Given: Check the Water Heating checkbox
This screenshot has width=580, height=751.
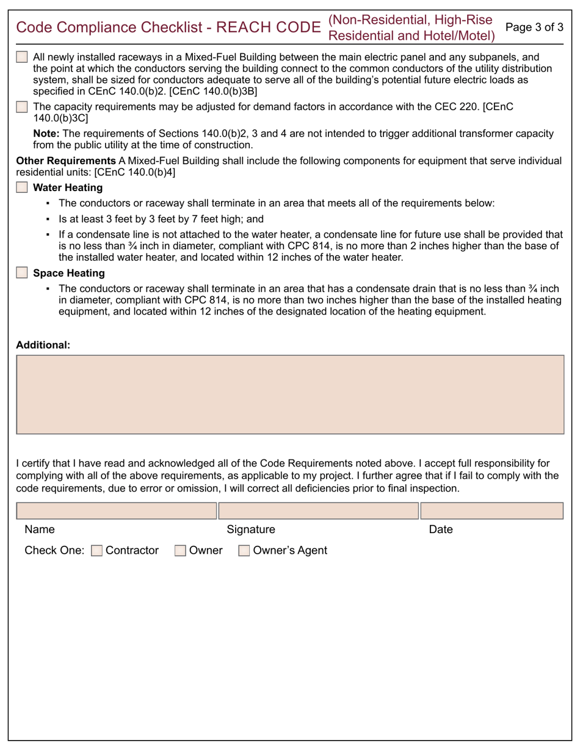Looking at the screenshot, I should coord(22,187).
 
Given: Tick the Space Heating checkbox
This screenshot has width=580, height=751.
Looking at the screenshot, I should coord(22,273).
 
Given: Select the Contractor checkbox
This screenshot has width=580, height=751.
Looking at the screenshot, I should coord(96,551).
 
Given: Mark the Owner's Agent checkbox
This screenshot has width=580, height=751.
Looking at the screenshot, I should coord(244,551).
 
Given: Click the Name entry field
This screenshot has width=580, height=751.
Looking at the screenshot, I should coord(116,511).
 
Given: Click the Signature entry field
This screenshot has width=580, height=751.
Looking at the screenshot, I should coord(319,511).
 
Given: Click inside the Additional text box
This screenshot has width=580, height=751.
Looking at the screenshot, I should coord(290,394).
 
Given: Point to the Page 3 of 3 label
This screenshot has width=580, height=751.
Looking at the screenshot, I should coord(535,27).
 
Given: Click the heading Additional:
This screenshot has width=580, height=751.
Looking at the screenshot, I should coord(43,345).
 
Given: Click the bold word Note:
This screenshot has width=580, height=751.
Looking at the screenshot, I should coord(46,133).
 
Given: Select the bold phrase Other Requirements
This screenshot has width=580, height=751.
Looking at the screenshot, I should coord(65,161).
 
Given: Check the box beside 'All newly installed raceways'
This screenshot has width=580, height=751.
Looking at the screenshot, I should coord(22,57).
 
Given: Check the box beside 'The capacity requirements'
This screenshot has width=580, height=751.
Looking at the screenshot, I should coord(22,107).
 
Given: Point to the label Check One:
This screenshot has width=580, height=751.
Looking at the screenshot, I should coord(54,551).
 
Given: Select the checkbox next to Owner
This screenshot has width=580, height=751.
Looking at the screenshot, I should coord(180,551).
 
